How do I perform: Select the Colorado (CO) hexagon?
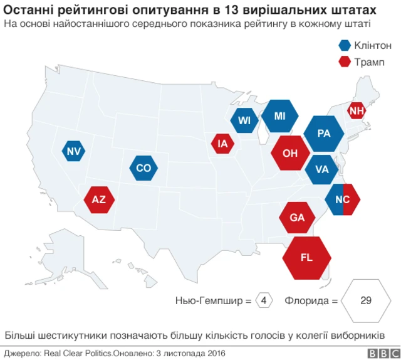pyautogui.click(x=144, y=168)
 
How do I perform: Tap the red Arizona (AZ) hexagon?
pyautogui.click(x=99, y=200)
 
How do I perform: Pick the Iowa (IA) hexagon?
pyautogui.click(x=223, y=144)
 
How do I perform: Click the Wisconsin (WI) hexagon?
pyautogui.click(x=244, y=120)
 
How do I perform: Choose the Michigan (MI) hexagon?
pyautogui.click(x=279, y=116)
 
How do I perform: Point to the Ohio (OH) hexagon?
pyautogui.click(x=290, y=152)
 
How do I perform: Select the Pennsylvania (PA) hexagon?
pyautogui.click(x=324, y=133)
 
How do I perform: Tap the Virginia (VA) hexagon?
pyautogui.click(x=322, y=169)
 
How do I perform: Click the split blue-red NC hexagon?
pyautogui.click(x=343, y=199)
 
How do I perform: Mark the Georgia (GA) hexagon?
pyautogui.click(x=298, y=218)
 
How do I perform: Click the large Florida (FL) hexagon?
pyautogui.click(x=306, y=257)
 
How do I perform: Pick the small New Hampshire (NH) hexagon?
pyautogui.click(x=357, y=111)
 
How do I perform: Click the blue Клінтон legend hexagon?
pyautogui.click(x=345, y=45)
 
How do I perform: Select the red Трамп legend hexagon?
pyautogui.click(x=345, y=62)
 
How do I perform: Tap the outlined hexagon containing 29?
pyautogui.click(x=366, y=300)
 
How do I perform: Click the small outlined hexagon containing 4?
pyautogui.click(x=264, y=300)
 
